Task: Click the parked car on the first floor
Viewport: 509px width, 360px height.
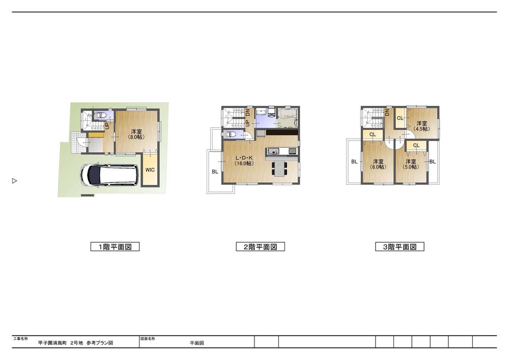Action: tap(109, 175)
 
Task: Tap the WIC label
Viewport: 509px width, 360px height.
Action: tap(150, 170)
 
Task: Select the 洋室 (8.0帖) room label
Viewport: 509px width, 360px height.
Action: tap(136, 134)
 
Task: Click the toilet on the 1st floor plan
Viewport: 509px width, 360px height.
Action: tap(99, 116)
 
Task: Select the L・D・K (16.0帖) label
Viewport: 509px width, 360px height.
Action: tap(243, 160)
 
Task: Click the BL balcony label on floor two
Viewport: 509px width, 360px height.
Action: tap(215, 172)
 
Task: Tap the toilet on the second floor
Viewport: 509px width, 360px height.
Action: tap(231, 135)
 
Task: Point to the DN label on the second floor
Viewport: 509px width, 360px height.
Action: tap(248, 113)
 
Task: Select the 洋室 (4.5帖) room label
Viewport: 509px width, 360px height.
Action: tap(421, 126)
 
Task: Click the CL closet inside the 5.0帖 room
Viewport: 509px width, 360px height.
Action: tap(416, 145)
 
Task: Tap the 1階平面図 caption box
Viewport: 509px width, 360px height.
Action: tap(115, 247)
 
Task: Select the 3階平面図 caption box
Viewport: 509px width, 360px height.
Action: tap(400, 247)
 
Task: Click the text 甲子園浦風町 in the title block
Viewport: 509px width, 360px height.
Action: tap(53, 343)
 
